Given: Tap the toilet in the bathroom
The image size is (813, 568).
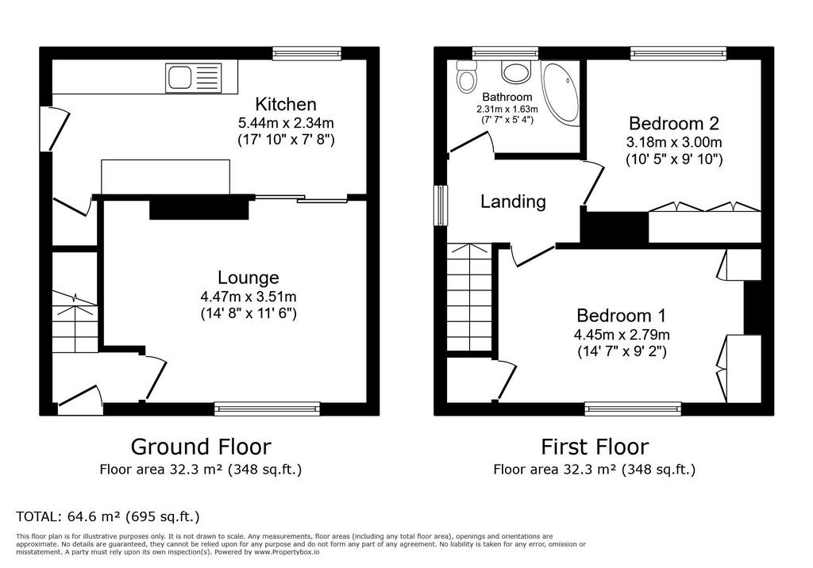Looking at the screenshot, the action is point(466,77).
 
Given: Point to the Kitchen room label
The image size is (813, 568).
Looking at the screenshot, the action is point(286,104).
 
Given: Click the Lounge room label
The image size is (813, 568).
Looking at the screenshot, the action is point(249,278).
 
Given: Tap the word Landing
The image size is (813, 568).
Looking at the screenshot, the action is point(514,201).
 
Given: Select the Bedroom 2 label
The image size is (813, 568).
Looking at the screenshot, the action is point(674,123).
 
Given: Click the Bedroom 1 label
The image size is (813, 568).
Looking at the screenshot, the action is point(621,315).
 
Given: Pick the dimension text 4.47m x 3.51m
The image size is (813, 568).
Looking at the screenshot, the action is point(249,297).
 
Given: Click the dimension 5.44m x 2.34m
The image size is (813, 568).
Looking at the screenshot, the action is point(286,123).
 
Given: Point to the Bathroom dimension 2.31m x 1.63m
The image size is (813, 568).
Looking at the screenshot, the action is point(507,109).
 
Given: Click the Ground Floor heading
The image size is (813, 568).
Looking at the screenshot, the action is point(201,447).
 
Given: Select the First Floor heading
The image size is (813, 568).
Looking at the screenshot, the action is point(595,447).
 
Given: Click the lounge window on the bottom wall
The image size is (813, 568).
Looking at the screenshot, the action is point(267,409).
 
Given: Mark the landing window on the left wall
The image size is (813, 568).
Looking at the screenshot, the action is point(441,205).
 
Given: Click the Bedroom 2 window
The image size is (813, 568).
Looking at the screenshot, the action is point(678,53).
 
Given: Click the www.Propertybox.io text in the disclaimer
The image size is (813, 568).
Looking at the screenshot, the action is point(287,552).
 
